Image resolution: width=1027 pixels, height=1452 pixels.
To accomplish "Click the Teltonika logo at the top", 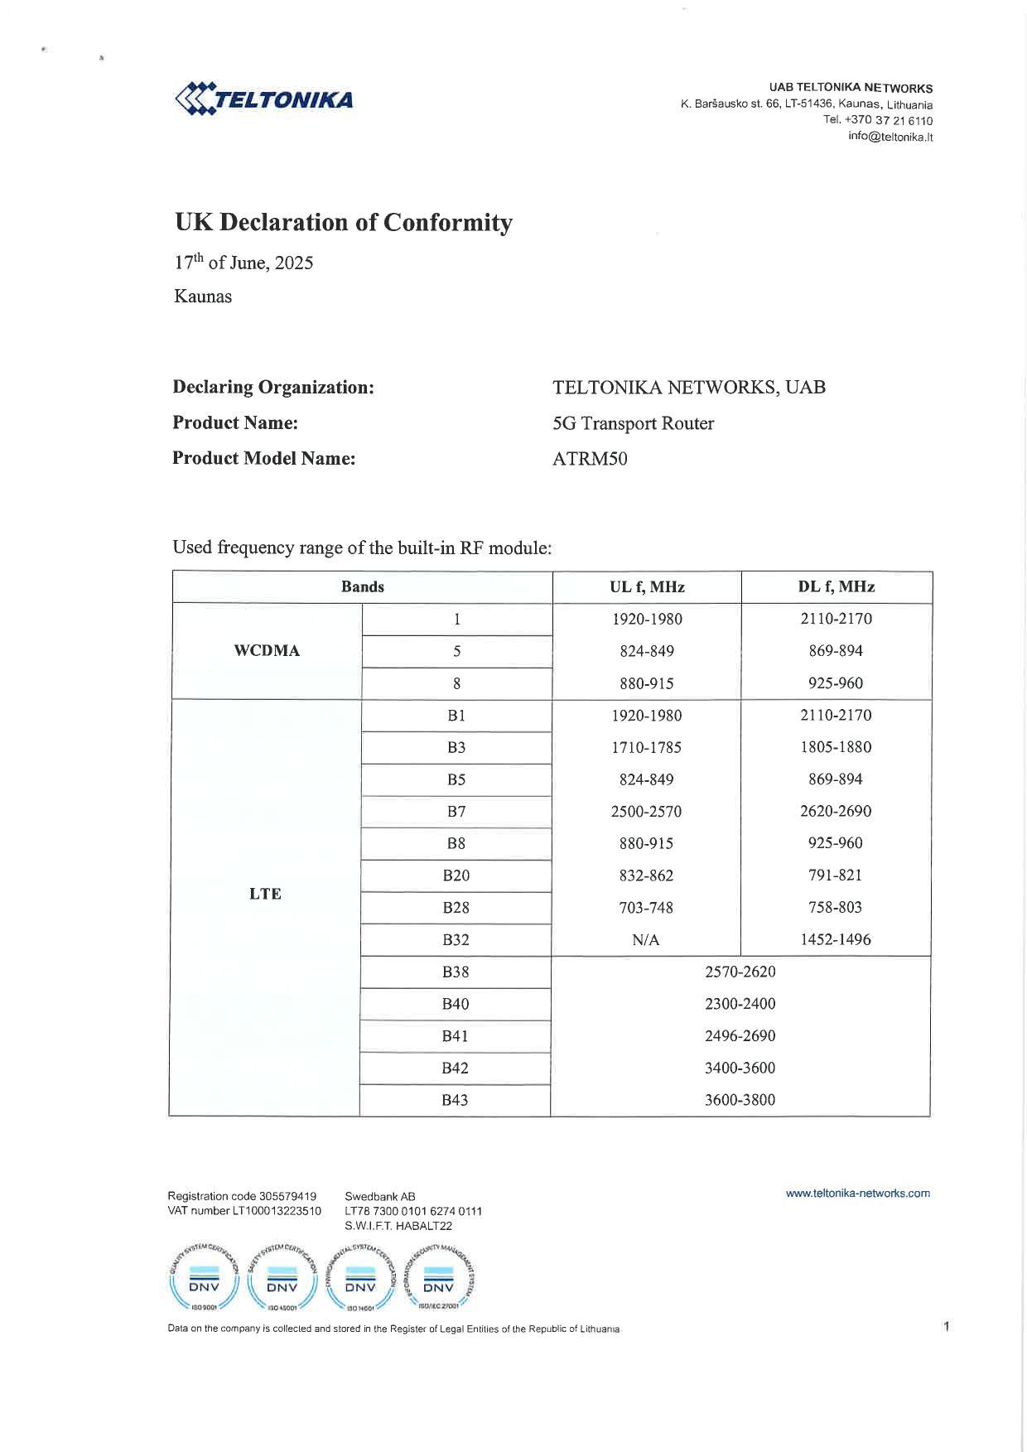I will (264, 99).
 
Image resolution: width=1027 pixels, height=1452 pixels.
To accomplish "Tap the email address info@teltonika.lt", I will (890, 137).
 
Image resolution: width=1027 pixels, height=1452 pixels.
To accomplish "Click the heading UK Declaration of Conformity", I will (343, 223).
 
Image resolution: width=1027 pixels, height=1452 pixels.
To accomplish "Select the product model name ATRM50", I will (590, 459).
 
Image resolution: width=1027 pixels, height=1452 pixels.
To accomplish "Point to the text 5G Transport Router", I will (633, 423).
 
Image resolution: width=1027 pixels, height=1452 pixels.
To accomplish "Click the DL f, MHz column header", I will (836, 587).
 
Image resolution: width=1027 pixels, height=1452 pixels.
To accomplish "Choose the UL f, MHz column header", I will (647, 587).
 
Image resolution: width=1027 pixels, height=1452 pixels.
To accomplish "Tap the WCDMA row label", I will (267, 651).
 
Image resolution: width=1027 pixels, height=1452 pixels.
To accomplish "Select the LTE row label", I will (265, 894).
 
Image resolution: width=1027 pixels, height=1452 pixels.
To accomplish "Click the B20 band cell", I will (456, 876).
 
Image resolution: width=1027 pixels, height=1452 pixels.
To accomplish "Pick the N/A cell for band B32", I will (645, 940).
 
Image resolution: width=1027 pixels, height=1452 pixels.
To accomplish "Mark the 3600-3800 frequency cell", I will (740, 1100).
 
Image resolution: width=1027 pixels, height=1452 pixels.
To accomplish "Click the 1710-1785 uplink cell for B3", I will (646, 747).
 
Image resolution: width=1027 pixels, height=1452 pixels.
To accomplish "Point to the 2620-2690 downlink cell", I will (836, 812).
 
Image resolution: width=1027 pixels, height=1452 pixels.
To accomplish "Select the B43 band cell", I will (455, 1100).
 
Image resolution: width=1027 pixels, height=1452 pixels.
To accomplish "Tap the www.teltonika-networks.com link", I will (857, 1194).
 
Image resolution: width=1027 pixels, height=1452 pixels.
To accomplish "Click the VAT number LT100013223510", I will (244, 1211).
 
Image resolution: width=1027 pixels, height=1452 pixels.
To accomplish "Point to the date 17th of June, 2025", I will (243, 263).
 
